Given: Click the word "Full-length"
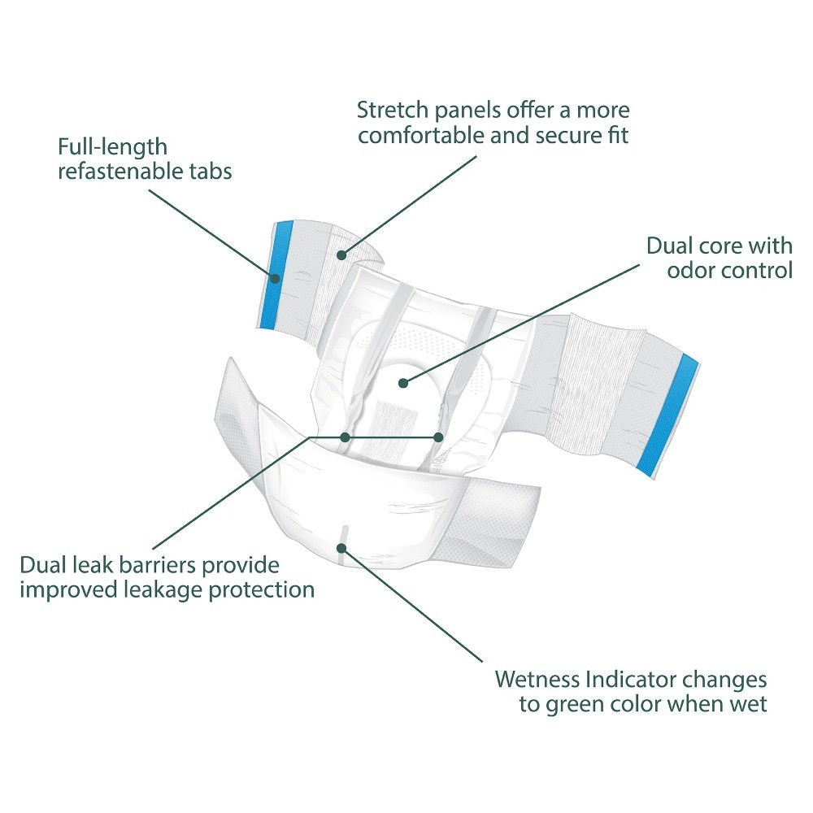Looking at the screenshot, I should click(101, 148).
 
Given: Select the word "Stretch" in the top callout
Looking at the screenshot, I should click(390, 110).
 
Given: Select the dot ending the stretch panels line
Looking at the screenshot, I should click(342, 255).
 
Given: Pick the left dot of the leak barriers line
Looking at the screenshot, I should click(346, 437).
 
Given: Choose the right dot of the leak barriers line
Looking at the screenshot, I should click(438, 437).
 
